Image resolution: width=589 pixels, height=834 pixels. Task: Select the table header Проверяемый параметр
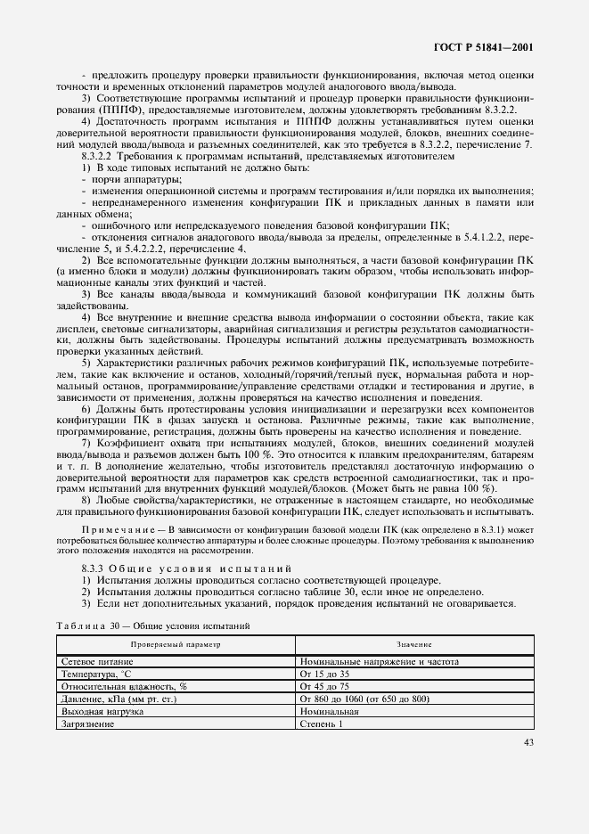pyautogui.click(x=175, y=644)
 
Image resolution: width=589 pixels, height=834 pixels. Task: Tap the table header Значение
pyautogui.click(x=415, y=644)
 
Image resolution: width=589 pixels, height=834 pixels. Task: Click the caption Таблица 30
pyautogui.click(x=87, y=626)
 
